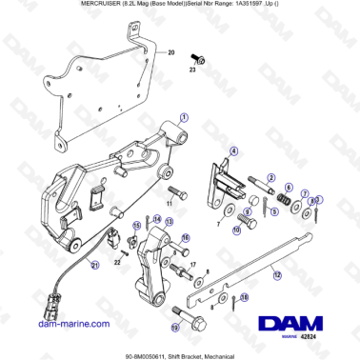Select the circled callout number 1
(x=184, y=113)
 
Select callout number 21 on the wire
(x=94, y=266)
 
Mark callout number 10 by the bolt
(x=234, y=230)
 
